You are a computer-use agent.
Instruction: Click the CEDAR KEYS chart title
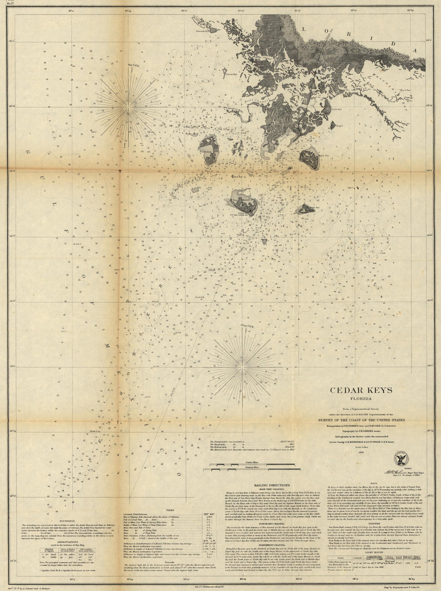(361, 389)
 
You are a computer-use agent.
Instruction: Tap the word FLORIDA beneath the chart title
(361, 399)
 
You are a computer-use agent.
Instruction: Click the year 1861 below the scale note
(361, 453)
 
